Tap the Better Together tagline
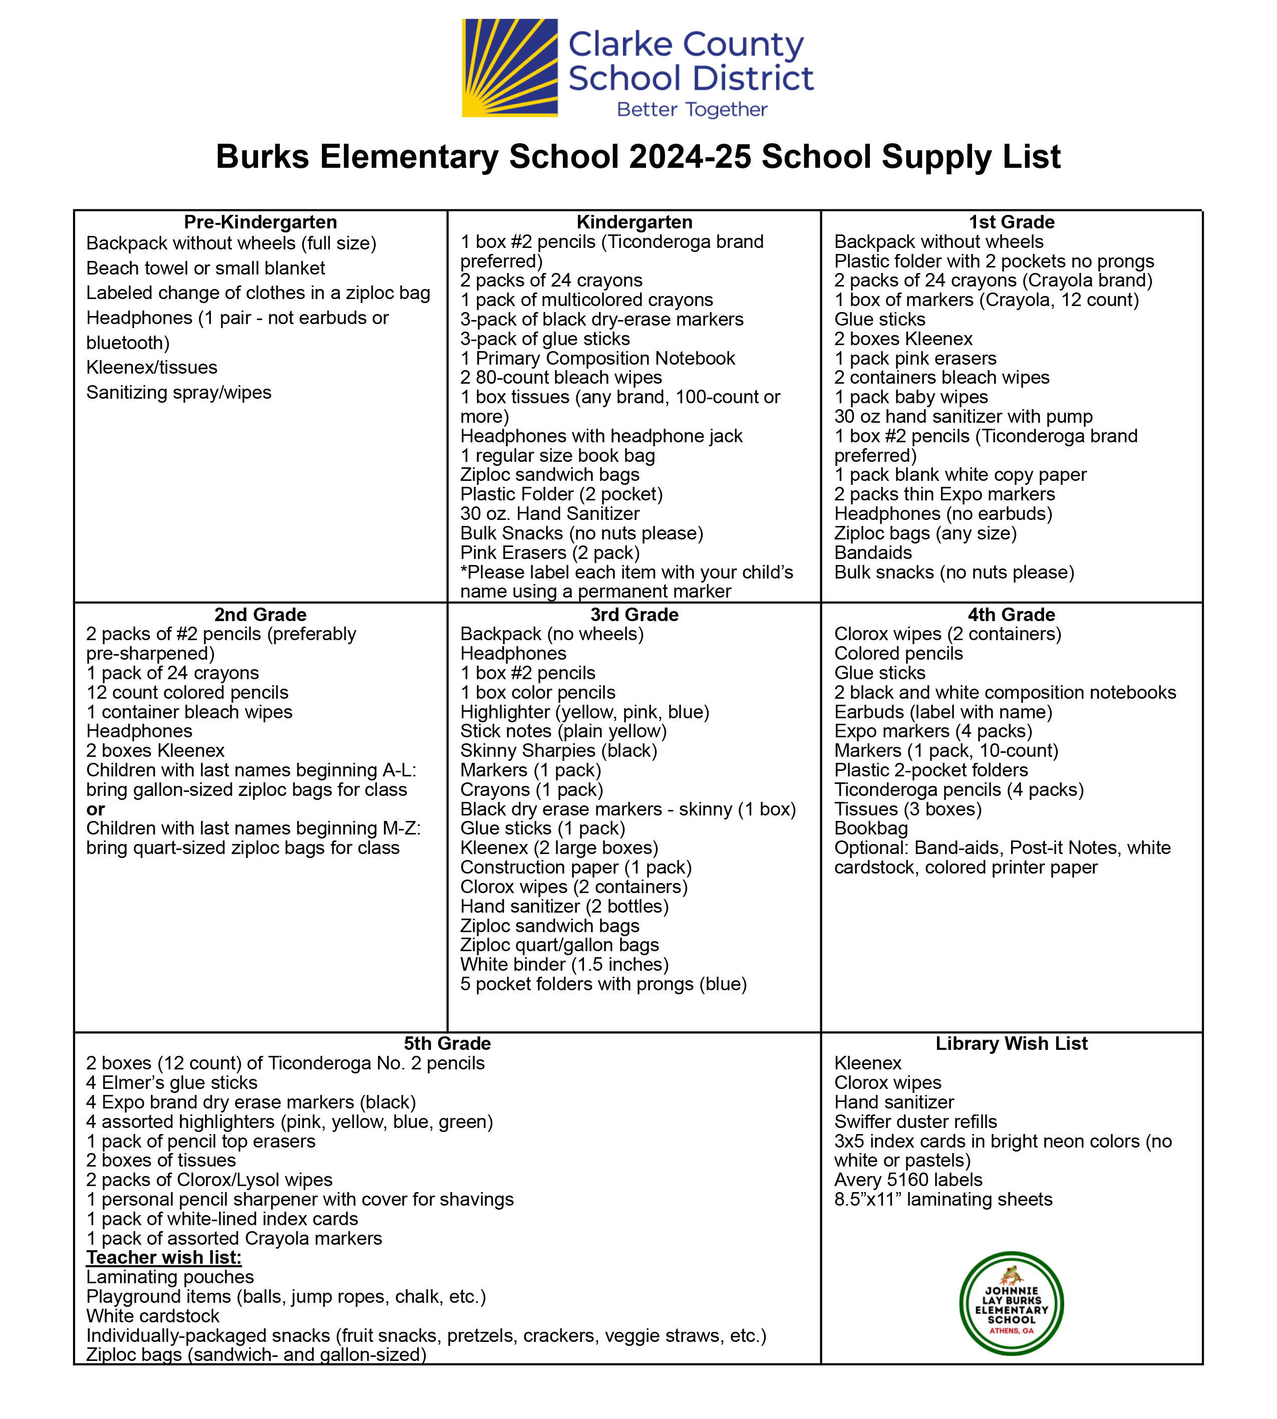coord(692,110)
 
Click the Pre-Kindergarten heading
coord(260,222)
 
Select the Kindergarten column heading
coord(634,222)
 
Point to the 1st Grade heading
coord(1011,222)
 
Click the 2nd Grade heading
coord(260,615)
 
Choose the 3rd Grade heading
coord(634,615)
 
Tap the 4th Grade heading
coord(1011,615)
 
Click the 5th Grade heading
coord(447,1043)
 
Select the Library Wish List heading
coord(1011,1043)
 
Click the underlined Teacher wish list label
coord(163,1258)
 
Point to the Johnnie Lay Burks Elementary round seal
coord(1011,1303)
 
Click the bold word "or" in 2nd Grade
coord(96,809)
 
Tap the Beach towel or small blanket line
coord(206,268)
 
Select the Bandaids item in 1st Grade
coord(873,553)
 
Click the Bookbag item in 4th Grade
coord(871,829)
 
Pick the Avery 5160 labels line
coord(908,1180)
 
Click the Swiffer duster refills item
coord(915,1121)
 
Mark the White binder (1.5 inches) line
coord(564,965)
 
